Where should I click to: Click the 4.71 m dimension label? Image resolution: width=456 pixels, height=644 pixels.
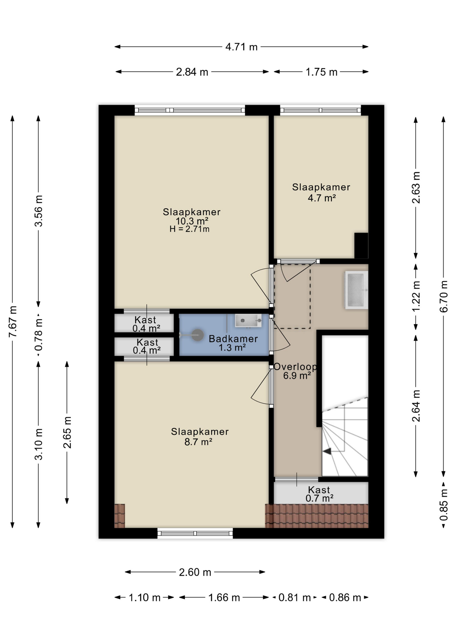pyautogui.click(x=241, y=47)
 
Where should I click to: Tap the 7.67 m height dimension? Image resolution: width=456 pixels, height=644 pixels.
pyautogui.click(x=12, y=322)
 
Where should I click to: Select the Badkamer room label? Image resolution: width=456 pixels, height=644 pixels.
pyautogui.click(x=233, y=339)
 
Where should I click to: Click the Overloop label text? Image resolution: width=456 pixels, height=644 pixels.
pyautogui.click(x=295, y=367)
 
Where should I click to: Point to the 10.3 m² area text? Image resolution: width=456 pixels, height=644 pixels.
pyautogui.click(x=192, y=221)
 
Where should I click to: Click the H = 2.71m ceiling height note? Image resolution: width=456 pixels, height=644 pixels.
pyautogui.click(x=189, y=229)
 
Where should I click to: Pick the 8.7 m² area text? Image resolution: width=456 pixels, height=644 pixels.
pyautogui.click(x=198, y=442)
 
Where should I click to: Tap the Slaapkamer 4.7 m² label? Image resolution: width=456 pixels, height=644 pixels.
pyautogui.click(x=321, y=192)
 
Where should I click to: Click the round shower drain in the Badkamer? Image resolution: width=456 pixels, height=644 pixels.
pyautogui.click(x=198, y=335)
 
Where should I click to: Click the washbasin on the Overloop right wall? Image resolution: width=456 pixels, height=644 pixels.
pyautogui.click(x=356, y=290)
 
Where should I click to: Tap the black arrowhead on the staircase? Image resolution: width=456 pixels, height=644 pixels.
pyautogui.click(x=327, y=451)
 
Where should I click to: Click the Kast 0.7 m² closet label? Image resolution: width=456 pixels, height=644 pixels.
pyautogui.click(x=319, y=494)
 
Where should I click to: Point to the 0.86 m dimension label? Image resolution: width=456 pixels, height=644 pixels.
pyautogui.click(x=345, y=597)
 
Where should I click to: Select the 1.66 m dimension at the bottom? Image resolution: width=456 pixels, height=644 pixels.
pyautogui.click(x=224, y=597)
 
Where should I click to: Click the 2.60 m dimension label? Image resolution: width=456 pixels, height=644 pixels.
pyautogui.click(x=195, y=572)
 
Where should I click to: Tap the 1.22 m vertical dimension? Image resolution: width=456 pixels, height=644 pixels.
pyautogui.click(x=416, y=296)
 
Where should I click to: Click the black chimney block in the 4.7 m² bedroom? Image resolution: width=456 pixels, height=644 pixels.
pyautogui.click(x=361, y=246)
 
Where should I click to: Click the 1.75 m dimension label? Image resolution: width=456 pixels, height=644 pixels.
pyautogui.click(x=321, y=72)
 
